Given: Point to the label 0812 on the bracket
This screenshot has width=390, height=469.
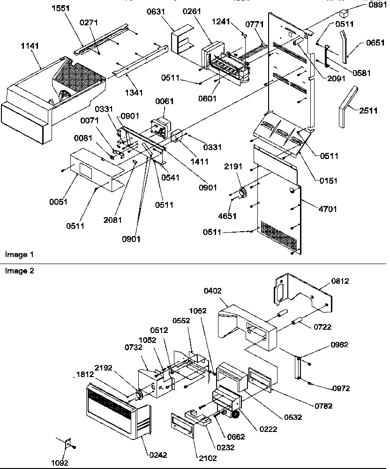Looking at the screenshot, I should pyautogui.click(x=340, y=281).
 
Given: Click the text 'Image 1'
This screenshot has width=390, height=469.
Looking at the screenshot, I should pyautogui.click(x=19, y=255).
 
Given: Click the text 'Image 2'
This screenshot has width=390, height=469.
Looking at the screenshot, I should pyautogui.click(x=19, y=271).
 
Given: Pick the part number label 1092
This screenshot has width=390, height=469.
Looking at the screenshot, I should pyautogui.click(x=60, y=462).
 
